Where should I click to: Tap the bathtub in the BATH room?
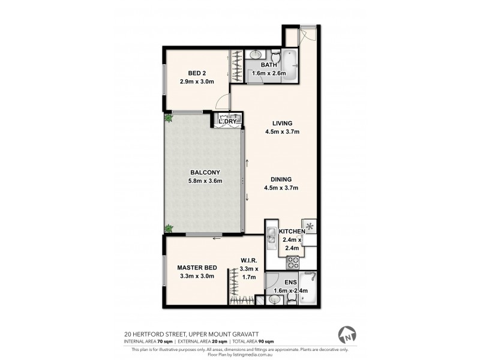point(290,64)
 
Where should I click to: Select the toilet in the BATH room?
point(273,55)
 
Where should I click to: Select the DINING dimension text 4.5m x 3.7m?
point(281,188)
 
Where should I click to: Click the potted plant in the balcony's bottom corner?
point(169,229)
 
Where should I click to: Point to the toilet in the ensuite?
point(292,301)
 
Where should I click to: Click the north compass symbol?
point(346,334)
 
